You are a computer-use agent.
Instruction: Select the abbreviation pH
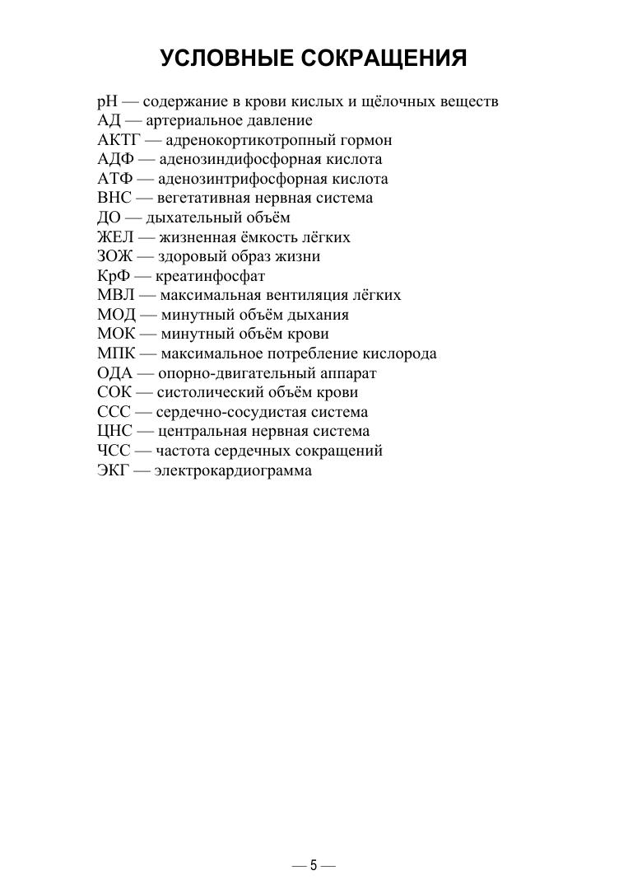pyautogui.click(x=107, y=102)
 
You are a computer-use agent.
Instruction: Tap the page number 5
pyautogui.click(x=314, y=866)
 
